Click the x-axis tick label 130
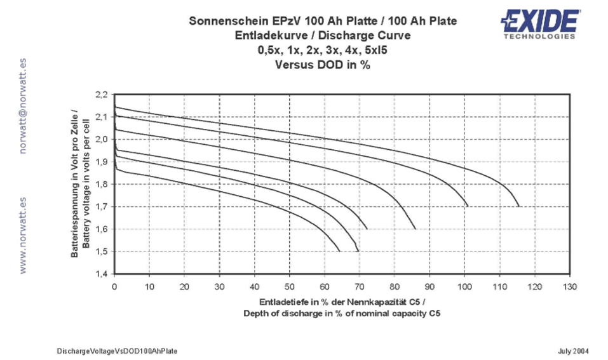[x=570, y=287]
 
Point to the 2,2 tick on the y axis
[x=101, y=95]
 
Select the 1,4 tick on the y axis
[x=101, y=274]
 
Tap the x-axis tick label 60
[x=325, y=287]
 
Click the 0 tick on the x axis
[x=114, y=287]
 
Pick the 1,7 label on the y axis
[x=101, y=207]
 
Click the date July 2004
[x=574, y=351]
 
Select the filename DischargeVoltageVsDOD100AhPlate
[x=118, y=351]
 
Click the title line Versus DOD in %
[x=323, y=64]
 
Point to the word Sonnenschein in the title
[x=231, y=21]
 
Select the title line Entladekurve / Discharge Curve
[x=323, y=36]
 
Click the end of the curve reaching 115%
[x=519, y=206]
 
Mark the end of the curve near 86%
[x=415, y=229]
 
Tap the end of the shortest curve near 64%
[x=340, y=251]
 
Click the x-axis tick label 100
[x=465, y=287]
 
